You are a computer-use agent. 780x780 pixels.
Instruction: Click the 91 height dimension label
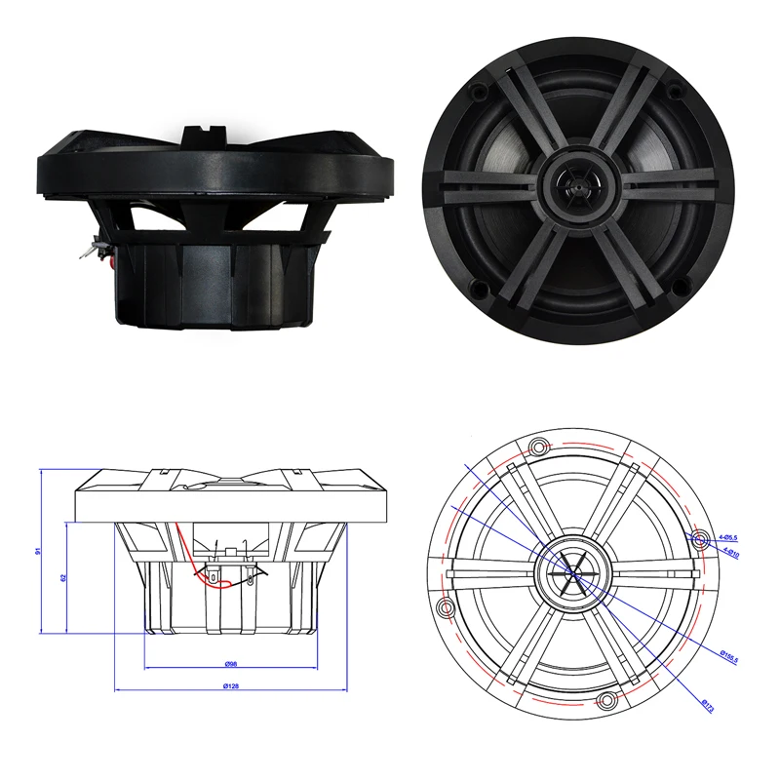39,550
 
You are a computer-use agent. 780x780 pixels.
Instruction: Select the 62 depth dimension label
61,576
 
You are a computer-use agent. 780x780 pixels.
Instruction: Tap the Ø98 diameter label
230,664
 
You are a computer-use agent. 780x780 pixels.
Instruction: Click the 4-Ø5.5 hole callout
726,537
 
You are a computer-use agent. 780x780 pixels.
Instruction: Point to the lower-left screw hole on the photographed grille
479,287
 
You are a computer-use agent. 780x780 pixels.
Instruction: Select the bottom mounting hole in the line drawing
606,700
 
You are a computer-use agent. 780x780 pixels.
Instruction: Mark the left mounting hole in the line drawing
447,608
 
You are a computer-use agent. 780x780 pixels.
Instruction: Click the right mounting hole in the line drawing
698,537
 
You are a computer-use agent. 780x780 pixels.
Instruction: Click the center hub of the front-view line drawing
573,573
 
